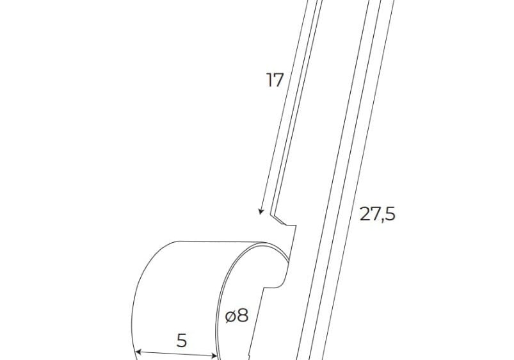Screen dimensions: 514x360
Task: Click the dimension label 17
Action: (x=275, y=80)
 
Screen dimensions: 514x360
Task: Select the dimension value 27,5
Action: (x=378, y=214)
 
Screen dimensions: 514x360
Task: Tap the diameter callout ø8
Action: (x=237, y=316)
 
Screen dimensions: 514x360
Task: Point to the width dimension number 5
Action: (x=182, y=340)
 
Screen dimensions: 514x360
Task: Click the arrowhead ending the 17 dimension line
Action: (x=261, y=211)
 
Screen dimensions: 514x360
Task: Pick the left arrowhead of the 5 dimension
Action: (x=139, y=352)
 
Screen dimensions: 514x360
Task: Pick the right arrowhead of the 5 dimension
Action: (x=214, y=356)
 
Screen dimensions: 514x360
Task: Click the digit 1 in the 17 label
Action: (x=269, y=80)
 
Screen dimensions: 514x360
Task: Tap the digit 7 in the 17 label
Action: (x=278, y=80)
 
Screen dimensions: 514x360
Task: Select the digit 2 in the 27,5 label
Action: (x=365, y=214)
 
